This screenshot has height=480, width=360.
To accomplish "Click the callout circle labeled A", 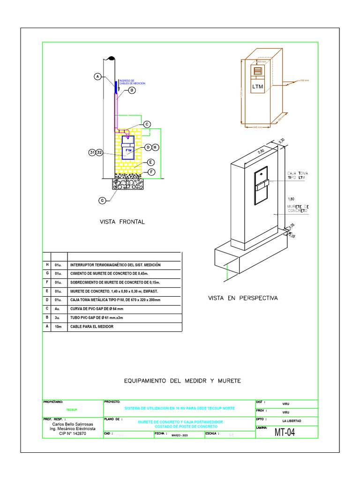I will pos(97,76).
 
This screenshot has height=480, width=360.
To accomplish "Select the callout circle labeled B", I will pos(132,90).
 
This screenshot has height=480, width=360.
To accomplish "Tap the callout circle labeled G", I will pos(102,201).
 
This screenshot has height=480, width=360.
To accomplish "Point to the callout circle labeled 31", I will pos(92,153).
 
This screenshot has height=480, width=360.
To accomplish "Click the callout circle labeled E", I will pos(151,162).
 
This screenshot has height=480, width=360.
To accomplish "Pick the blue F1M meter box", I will pos(128,148).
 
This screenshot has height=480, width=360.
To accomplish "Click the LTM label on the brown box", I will pos(258,87).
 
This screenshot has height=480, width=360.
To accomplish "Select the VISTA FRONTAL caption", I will pos(122,222).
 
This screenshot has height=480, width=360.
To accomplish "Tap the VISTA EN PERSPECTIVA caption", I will pos(243,298).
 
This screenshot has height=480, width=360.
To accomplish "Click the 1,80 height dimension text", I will pos(291,199).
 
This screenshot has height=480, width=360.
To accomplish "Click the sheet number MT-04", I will pos(285,433).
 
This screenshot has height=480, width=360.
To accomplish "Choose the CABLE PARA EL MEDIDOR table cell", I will pos(92,327).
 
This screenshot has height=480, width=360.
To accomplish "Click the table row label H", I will pos(47,265).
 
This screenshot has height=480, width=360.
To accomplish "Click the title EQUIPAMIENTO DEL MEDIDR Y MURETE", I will pos(182,381).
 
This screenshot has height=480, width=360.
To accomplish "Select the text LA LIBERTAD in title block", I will pos(292,420).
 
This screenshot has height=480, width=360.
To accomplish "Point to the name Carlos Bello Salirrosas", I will pos(72,424).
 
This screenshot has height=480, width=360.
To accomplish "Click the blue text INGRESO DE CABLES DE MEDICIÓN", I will pos(133,82).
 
